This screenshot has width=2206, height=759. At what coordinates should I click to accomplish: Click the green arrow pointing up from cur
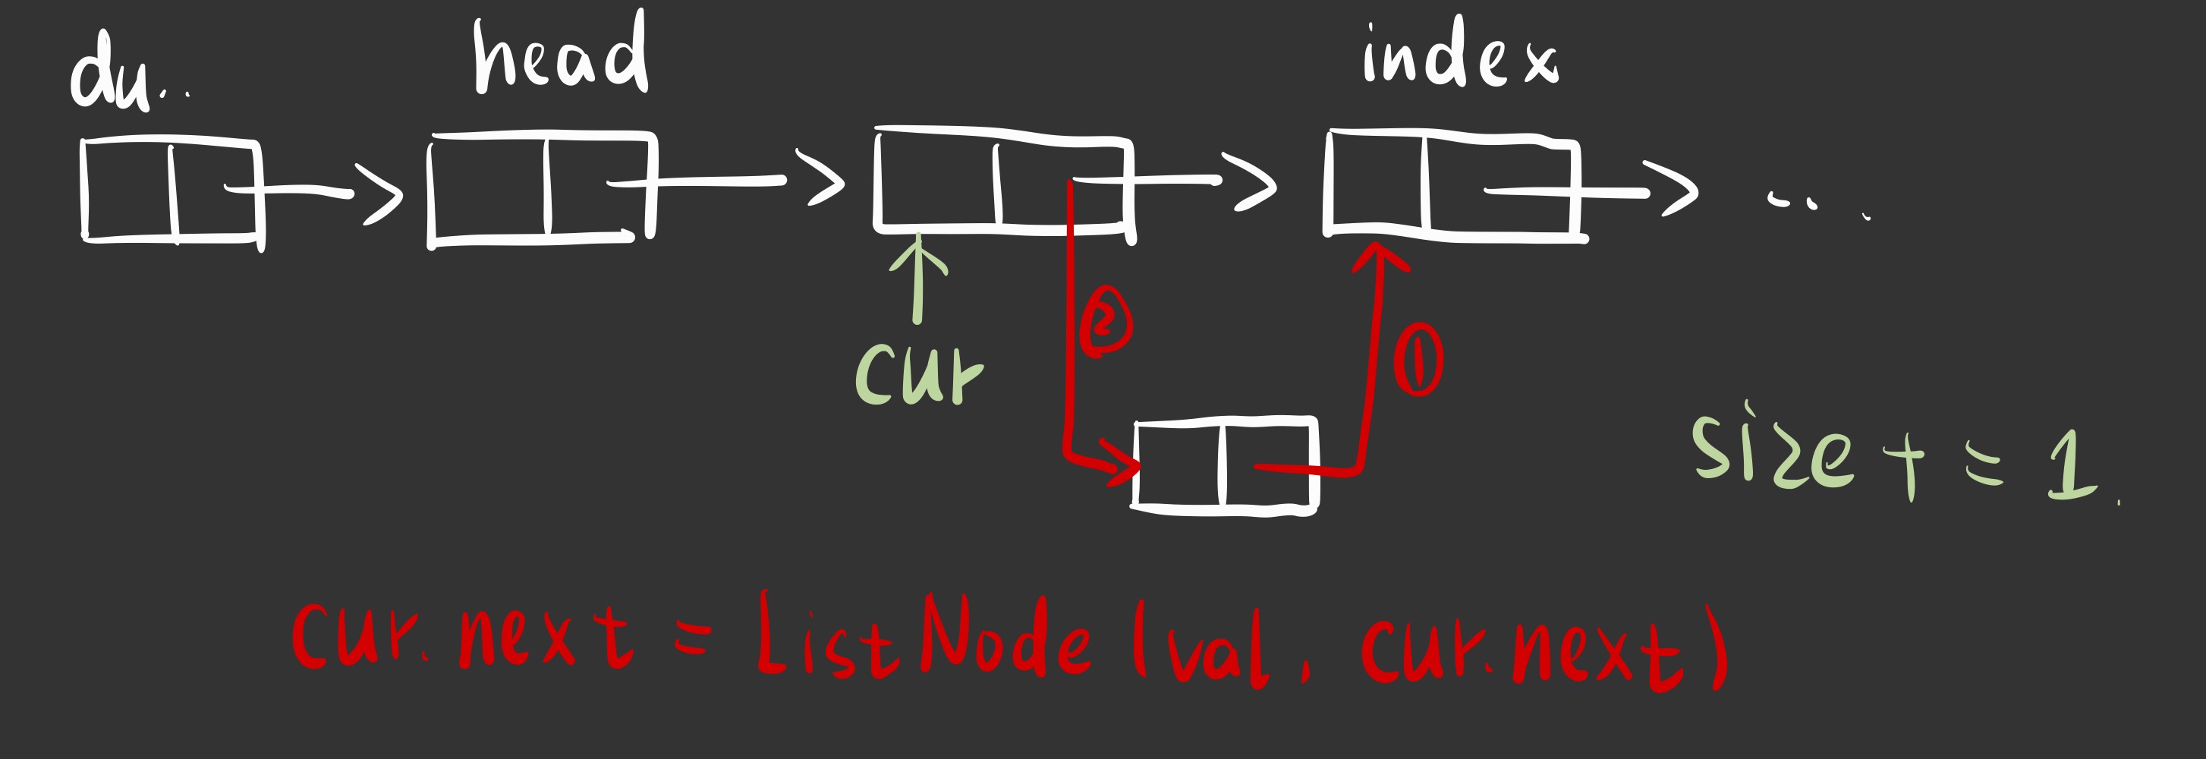pos(918,279)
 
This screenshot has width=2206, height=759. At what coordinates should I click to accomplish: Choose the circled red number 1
pos(1418,360)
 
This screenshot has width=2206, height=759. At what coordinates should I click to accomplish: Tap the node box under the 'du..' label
pos(172,191)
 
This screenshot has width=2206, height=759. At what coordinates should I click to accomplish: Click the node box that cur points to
pos(1002,181)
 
